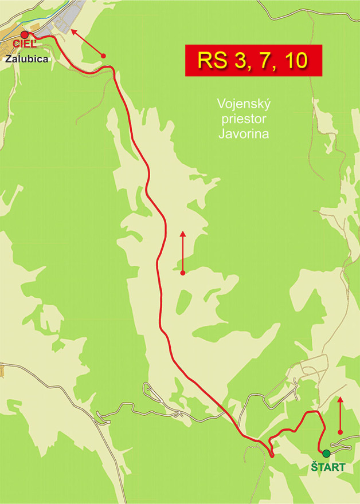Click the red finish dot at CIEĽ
click(25, 35)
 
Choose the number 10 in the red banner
click(295, 61)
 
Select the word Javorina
click(244, 134)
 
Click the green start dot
click(326, 453)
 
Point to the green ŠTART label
click(328, 467)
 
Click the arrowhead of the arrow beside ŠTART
click(341, 399)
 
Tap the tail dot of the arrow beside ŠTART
click(341, 431)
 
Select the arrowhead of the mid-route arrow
click(182, 233)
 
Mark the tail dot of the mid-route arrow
click(182, 273)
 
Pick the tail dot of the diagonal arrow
click(104, 55)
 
